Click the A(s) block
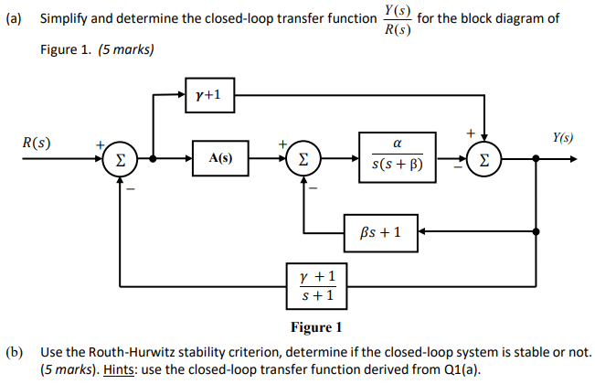[x=219, y=157]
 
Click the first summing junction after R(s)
[x=120, y=158]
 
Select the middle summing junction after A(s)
[x=303, y=158]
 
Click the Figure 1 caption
[x=315, y=327]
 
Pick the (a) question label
[x=14, y=19]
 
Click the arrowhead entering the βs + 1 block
[x=423, y=230]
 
